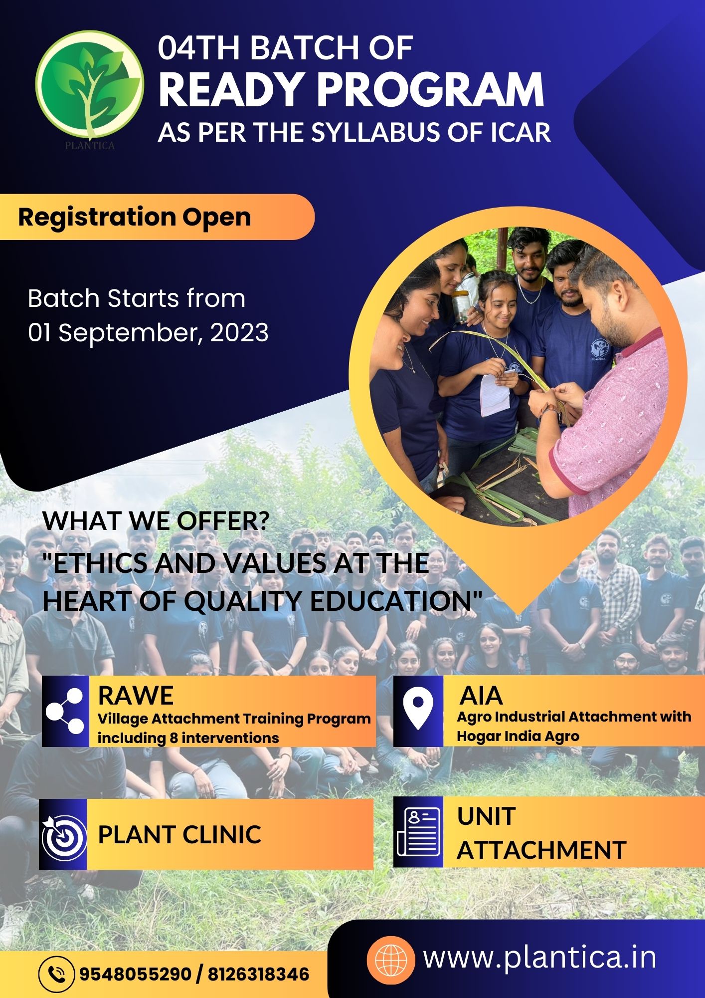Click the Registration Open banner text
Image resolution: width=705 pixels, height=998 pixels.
[x=135, y=217]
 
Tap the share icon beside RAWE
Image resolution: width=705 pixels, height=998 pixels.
[x=65, y=711]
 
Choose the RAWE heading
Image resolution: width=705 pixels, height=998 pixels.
[x=136, y=695]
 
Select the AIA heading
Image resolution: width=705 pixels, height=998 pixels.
[x=481, y=695]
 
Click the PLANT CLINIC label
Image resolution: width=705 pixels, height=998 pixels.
[x=179, y=834]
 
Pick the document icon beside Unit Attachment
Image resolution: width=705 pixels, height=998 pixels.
[x=419, y=831]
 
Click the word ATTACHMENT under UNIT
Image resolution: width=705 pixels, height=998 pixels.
[x=541, y=850]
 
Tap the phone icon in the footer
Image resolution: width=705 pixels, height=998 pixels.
[x=57, y=973]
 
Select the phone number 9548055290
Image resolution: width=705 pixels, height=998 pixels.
[x=136, y=974]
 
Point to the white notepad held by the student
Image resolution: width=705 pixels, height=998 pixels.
[x=495, y=394]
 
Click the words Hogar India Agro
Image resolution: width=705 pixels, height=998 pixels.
[x=518, y=737]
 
